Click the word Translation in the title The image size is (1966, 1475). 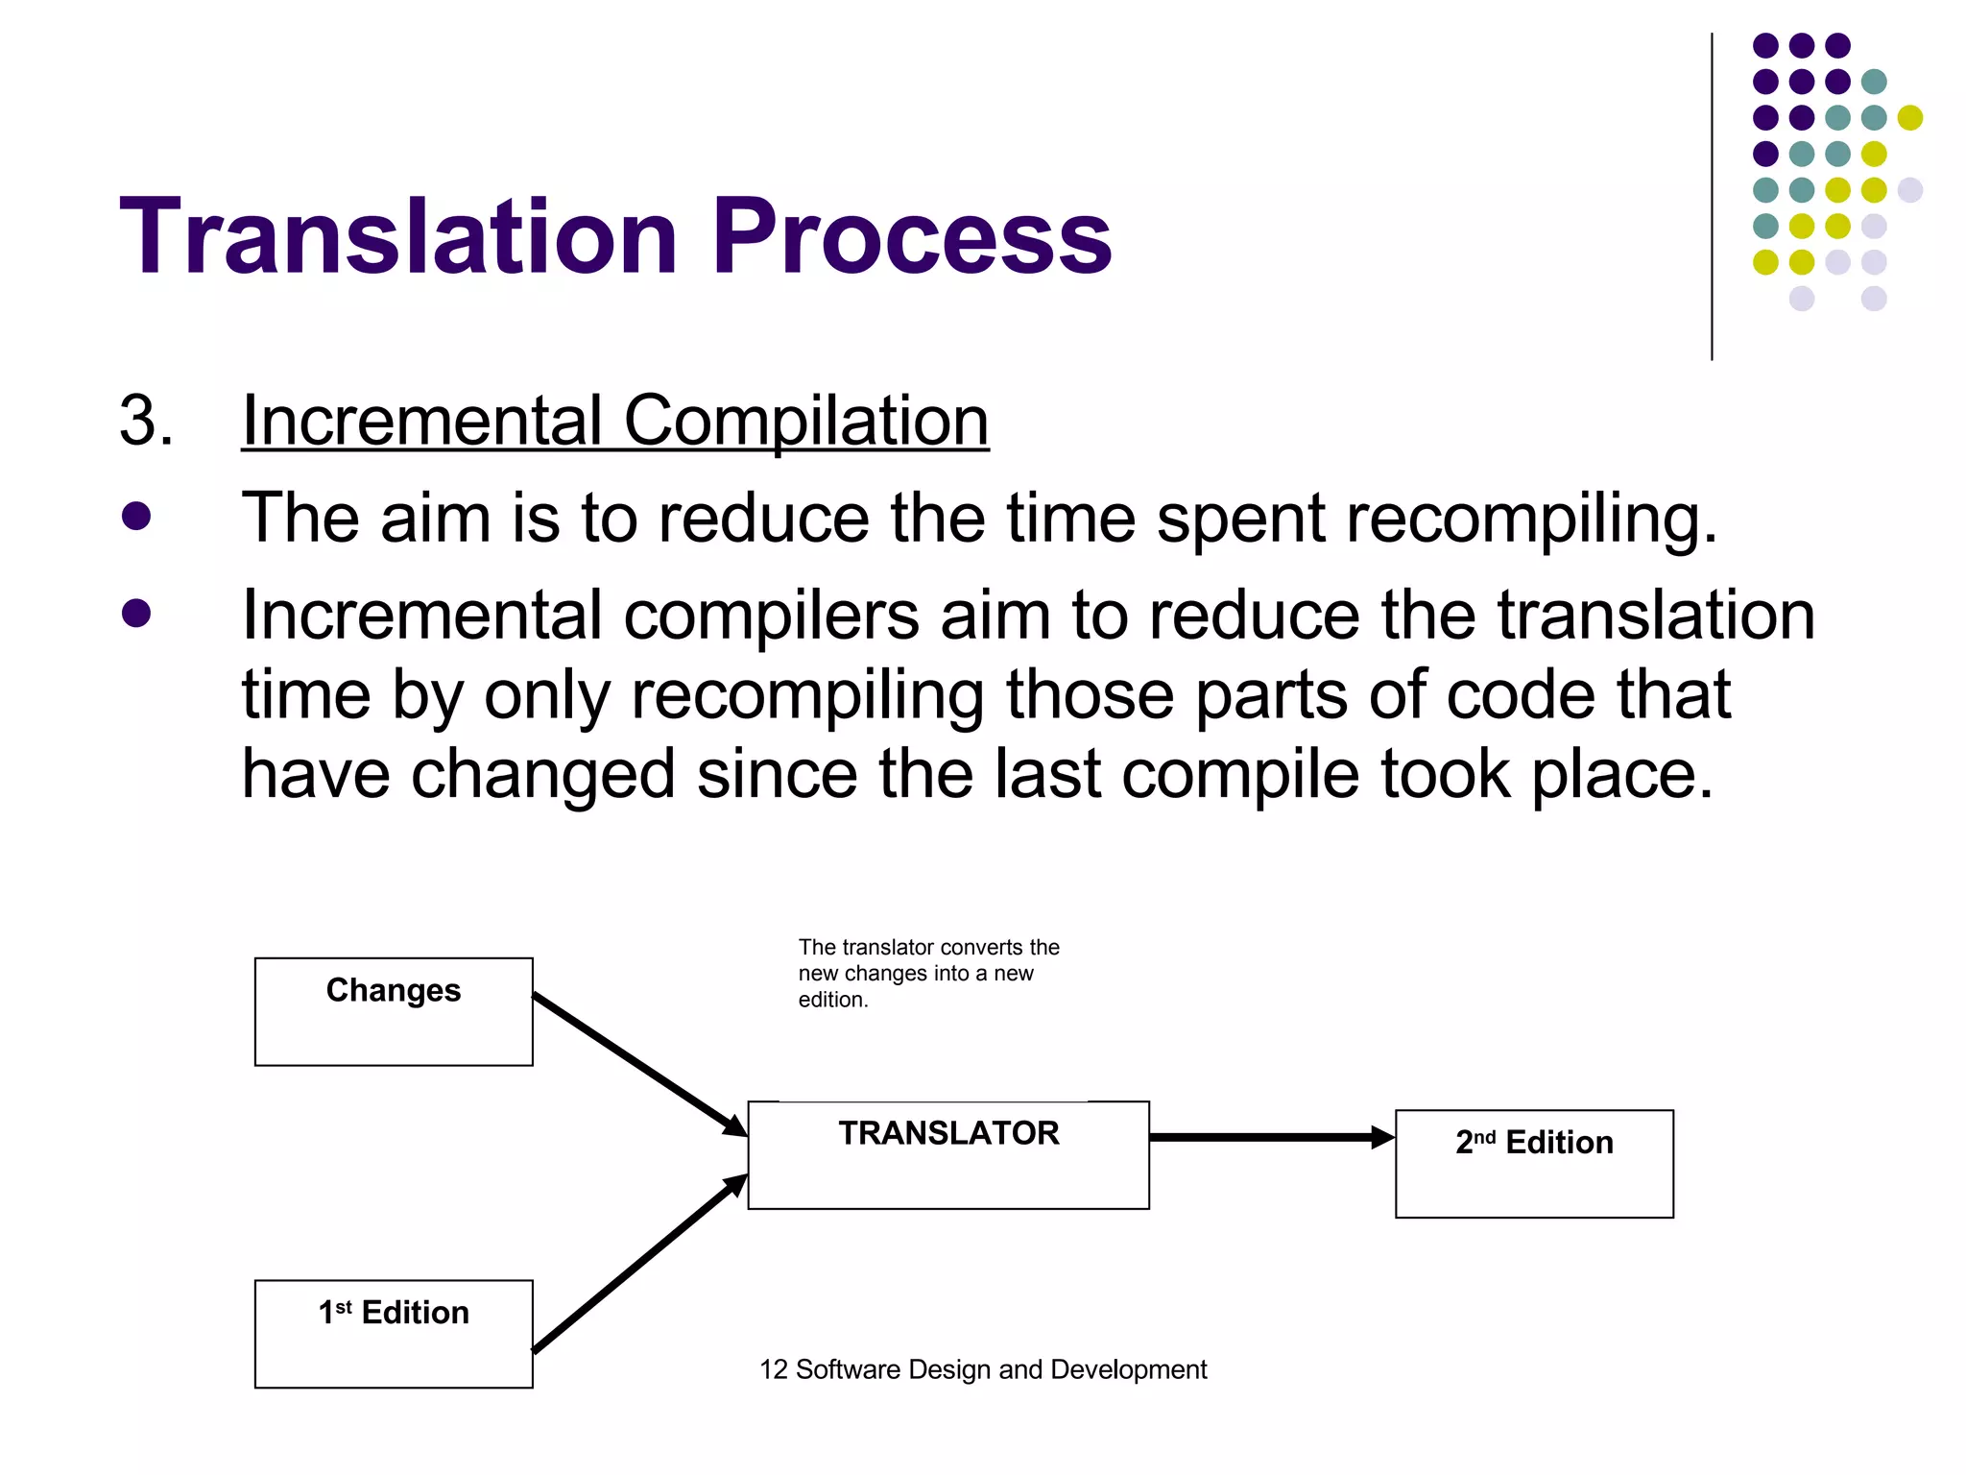coord(398,236)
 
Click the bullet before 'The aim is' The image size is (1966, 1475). coord(136,516)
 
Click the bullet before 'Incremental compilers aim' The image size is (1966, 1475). coord(136,613)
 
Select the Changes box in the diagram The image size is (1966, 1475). coord(394,1011)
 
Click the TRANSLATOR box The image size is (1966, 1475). coord(947,1154)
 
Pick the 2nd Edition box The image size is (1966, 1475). coord(1533,1163)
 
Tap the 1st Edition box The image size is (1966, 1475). coord(394,1333)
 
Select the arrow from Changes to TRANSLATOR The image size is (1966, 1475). coord(638,1064)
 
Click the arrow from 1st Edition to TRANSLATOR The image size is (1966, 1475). coord(638,1264)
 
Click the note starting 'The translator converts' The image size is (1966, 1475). coord(927,973)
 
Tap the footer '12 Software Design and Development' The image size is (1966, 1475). coord(982,1369)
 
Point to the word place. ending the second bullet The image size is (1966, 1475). coord(1621,774)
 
